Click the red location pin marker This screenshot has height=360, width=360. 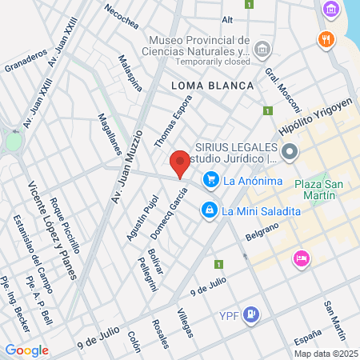tap(181, 162)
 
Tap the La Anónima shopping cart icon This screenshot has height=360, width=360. tap(211, 180)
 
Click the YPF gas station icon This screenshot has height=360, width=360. tap(251, 314)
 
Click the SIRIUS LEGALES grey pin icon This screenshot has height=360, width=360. tap(289, 150)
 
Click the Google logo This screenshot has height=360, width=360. tap(26, 350)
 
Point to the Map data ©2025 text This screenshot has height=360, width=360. tap(324, 353)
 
